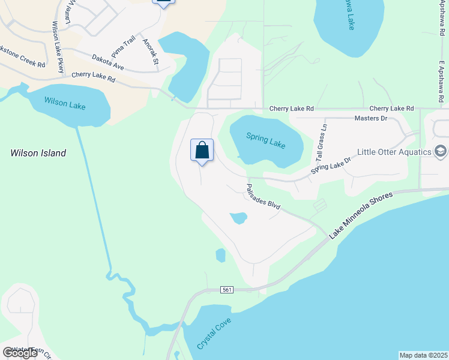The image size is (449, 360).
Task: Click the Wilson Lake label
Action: [x=65, y=105]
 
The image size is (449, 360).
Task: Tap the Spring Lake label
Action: [x=266, y=141]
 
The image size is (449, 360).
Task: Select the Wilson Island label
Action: [x=38, y=153]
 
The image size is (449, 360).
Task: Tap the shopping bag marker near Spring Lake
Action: [x=202, y=150]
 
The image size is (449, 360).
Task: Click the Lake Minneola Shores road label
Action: [x=360, y=214]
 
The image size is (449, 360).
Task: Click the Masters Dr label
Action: [x=371, y=119]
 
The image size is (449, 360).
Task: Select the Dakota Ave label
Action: [x=108, y=62]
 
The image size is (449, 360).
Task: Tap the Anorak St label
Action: [x=151, y=52]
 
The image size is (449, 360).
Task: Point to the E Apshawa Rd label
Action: [x=441, y=81]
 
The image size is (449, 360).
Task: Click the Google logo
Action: [x=20, y=352]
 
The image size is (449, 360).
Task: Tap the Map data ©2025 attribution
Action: [x=423, y=355]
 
